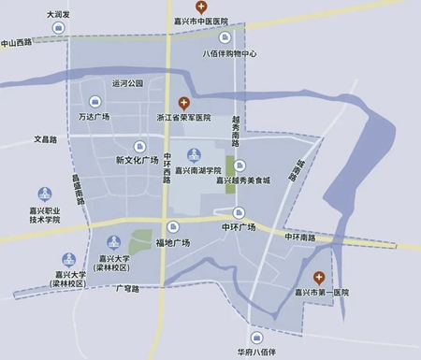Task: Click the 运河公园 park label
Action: pyautogui.click(x=128, y=83)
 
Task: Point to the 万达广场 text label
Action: pyautogui.click(x=94, y=117)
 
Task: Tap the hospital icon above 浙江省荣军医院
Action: pyautogui.click(x=184, y=102)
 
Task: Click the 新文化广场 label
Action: pyautogui.click(x=138, y=160)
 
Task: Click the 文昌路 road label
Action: pyautogui.click(x=46, y=139)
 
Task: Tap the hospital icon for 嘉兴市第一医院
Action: pyautogui.click(x=318, y=277)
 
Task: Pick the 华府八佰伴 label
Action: pyautogui.click(x=256, y=352)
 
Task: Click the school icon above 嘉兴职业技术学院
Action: pyautogui.click(x=46, y=194)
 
